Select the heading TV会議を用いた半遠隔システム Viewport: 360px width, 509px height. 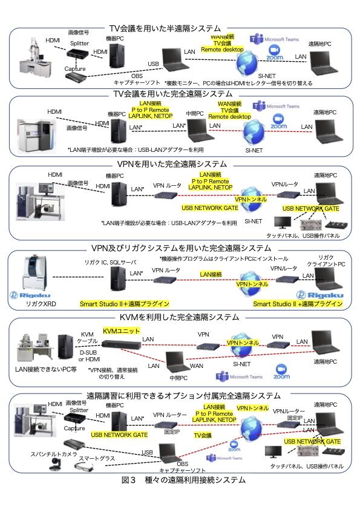click(x=165, y=28)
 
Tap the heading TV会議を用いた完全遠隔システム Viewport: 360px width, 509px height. click(x=172, y=93)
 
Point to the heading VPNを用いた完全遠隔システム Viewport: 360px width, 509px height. click(x=173, y=164)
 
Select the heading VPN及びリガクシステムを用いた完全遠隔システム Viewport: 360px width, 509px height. click(x=180, y=248)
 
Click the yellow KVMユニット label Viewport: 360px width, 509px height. click(x=121, y=330)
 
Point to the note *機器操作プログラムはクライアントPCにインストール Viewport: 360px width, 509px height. click(x=227, y=258)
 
